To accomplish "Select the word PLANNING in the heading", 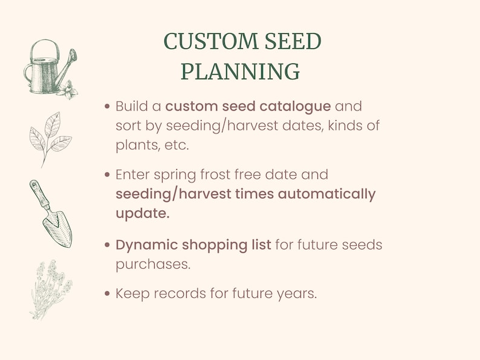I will [x=240, y=71].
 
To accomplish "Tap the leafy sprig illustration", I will [x=50, y=138].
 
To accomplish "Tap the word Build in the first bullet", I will [x=131, y=106].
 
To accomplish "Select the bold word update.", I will [x=143, y=214].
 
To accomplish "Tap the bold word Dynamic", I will [x=148, y=245].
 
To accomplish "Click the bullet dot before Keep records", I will [x=107, y=294].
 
